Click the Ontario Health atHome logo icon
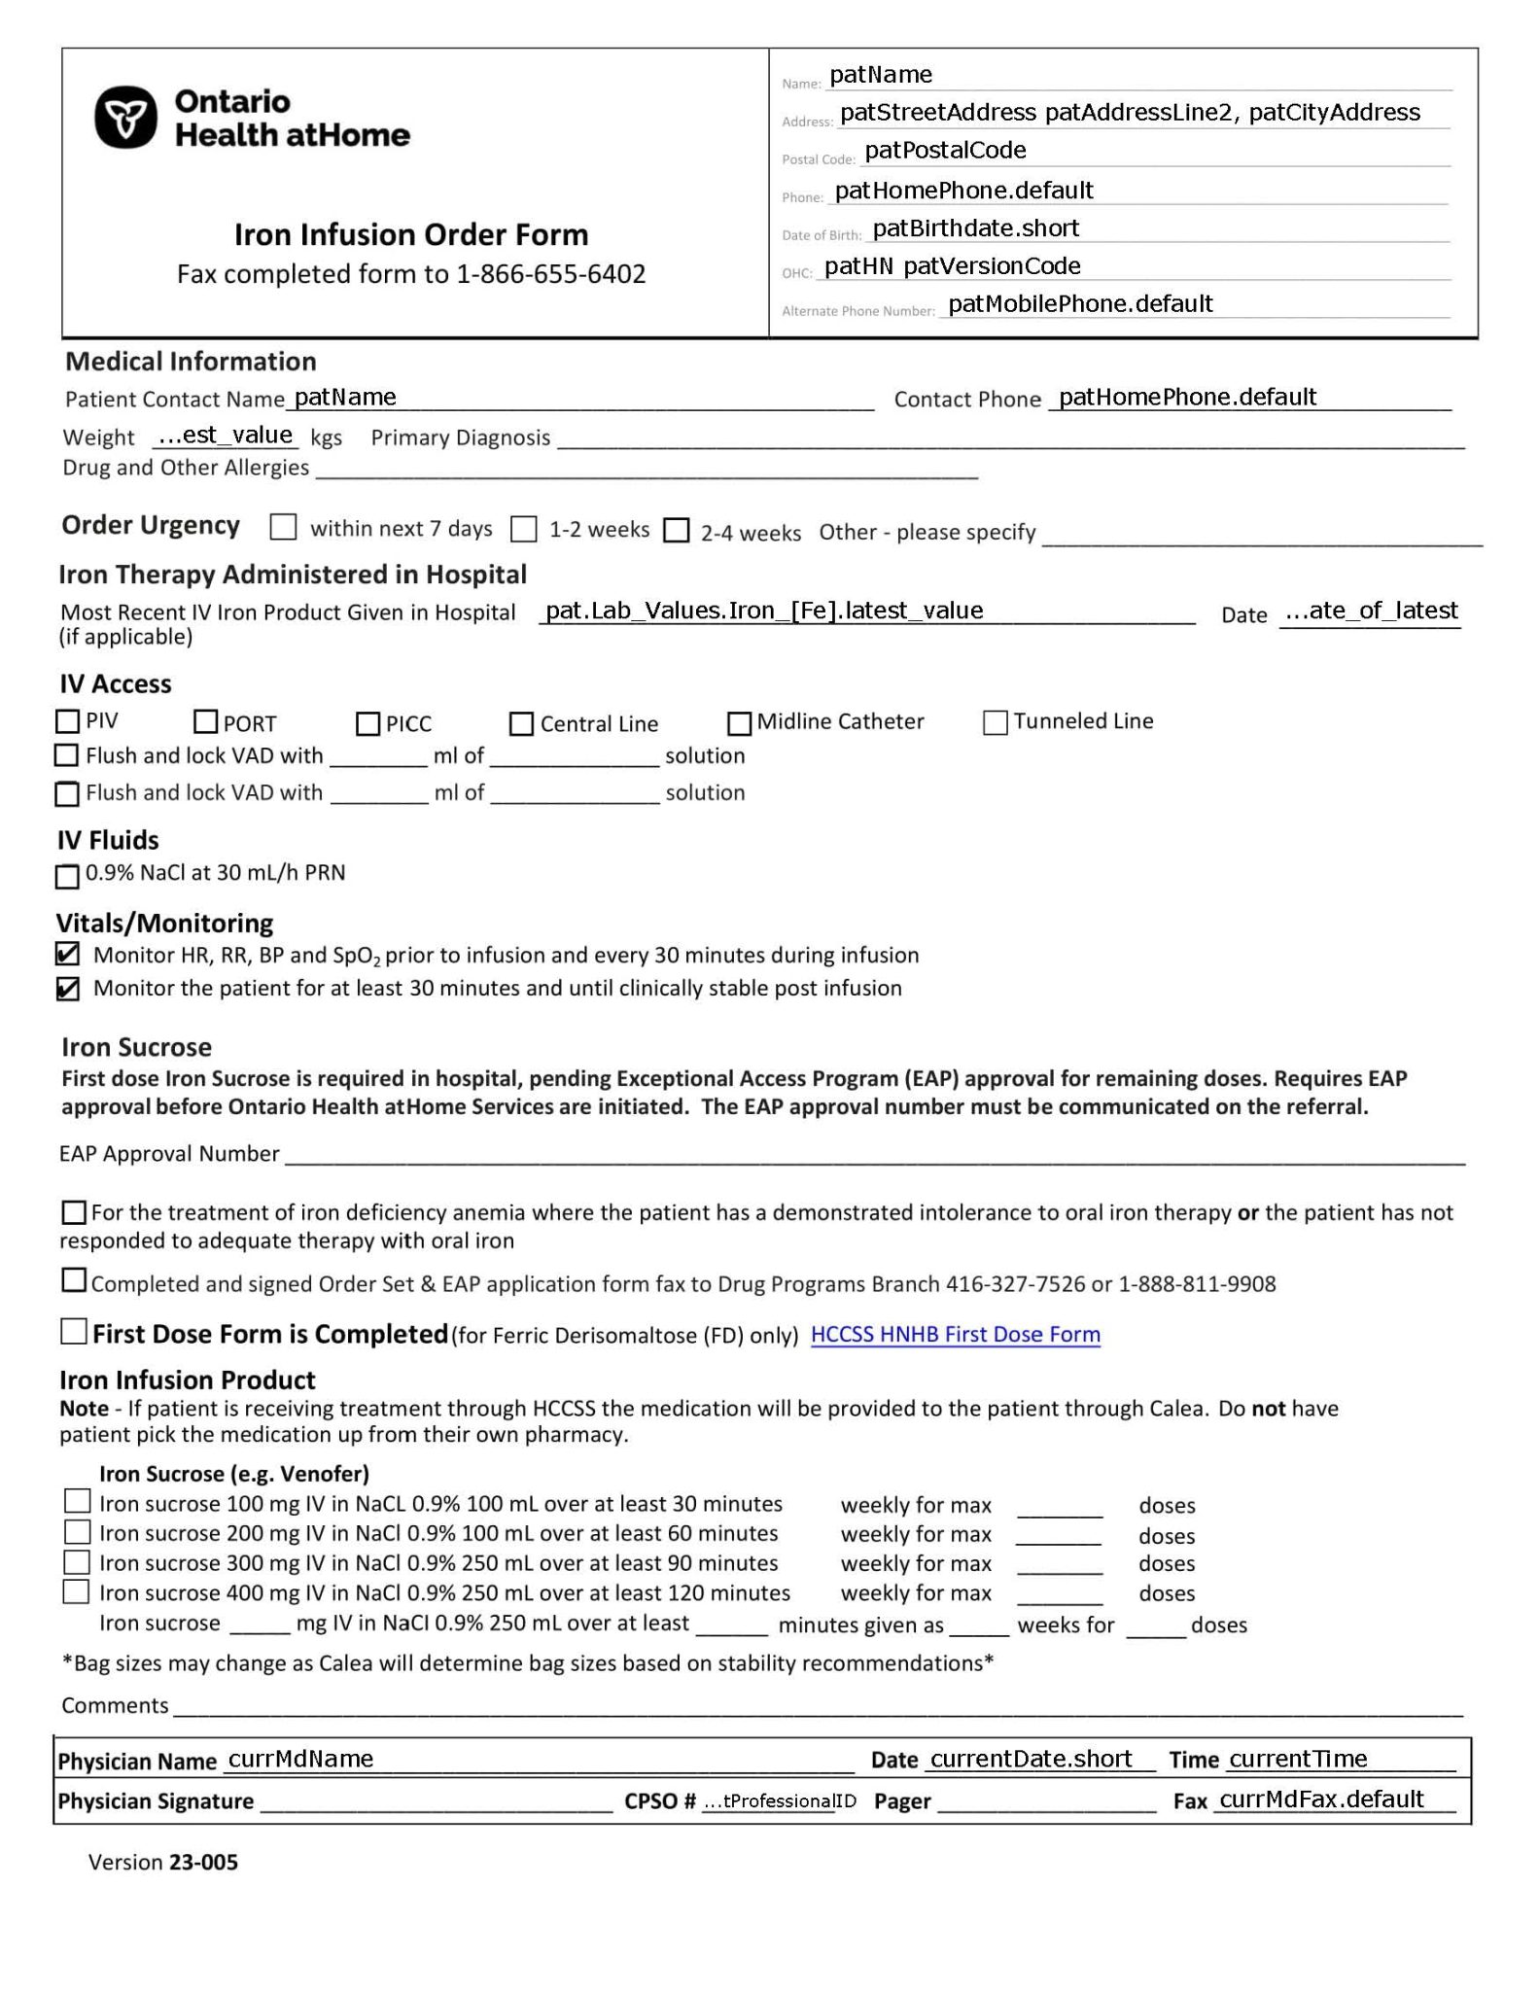tap(125, 118)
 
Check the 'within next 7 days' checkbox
tap(283, 527)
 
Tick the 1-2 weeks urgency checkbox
tap(524, 529)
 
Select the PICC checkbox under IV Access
tap(367, 723)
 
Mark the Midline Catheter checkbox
tap(739, 723)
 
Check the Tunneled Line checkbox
tap(995, 722)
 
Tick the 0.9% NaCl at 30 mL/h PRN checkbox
tap(67, 876)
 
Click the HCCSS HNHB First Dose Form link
tap(955, 1335)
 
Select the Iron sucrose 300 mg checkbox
tap(77, 1562)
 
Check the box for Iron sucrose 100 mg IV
tap(77, 1501)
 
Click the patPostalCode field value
tap(945, 151)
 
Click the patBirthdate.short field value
tap(975, 228)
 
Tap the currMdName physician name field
tap(300, 1759)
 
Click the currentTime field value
tap(1297, 1759)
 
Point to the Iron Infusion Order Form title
tap(410, 234)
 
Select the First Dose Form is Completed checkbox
tap(74, 1331)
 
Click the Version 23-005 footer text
tap(162, 1862)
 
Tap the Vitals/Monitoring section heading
tap(164, 923)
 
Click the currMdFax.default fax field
tap(1320, 1799)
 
